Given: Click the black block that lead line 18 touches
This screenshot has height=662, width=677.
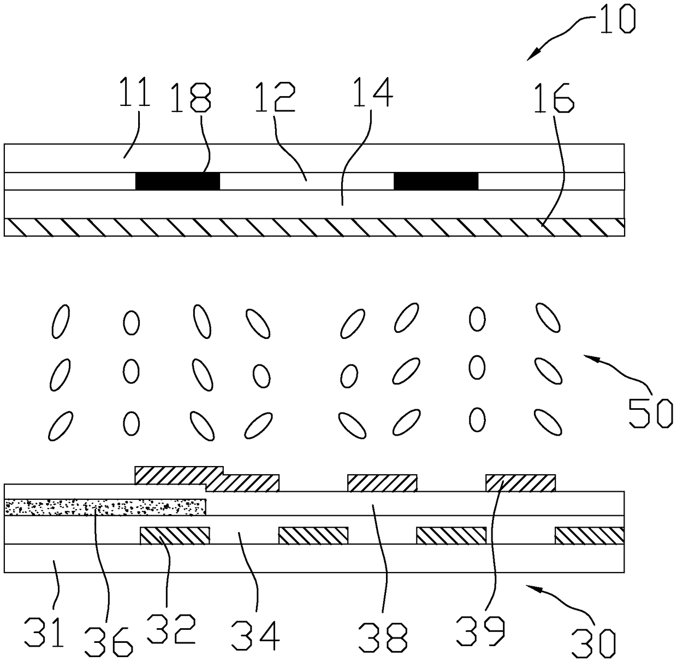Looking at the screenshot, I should coord(177,181).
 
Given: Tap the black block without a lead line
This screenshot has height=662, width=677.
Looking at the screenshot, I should coord(436,181).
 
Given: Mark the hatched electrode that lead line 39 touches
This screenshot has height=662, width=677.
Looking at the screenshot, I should coord(520,482).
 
